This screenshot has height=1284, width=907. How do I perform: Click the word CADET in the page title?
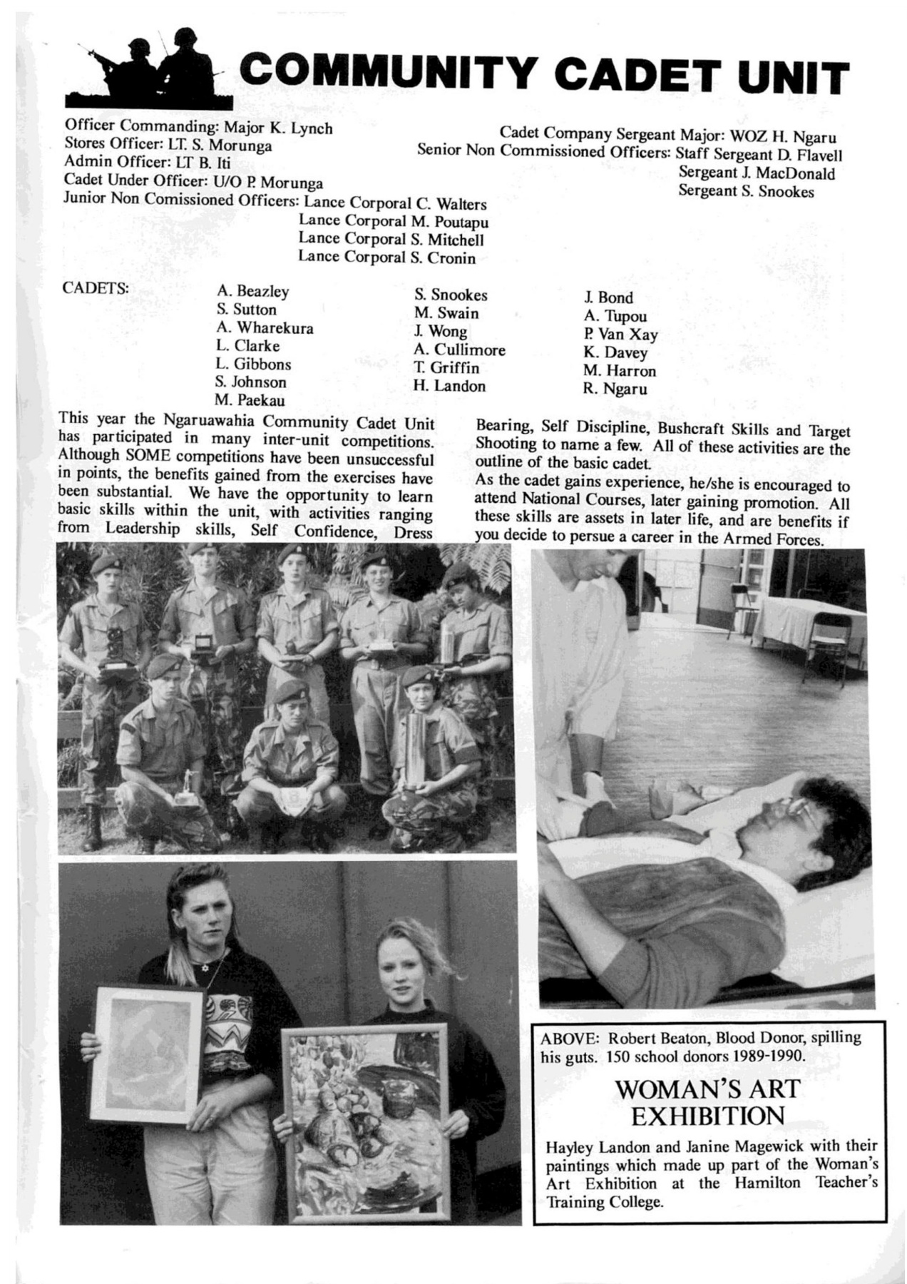click(x=627, y=77)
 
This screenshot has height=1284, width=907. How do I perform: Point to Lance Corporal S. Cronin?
click(x=386, y=258)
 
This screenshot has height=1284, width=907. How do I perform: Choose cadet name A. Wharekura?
click(x=265, y=328)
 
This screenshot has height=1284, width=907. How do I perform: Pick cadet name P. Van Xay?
click(x=620, y=335)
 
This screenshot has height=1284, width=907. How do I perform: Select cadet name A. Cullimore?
click(x=459, y=350)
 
